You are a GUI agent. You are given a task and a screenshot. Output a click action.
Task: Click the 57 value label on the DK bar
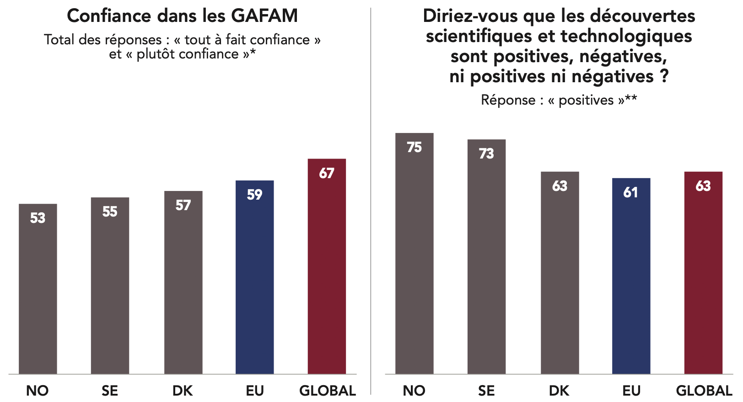(x=183, y=206)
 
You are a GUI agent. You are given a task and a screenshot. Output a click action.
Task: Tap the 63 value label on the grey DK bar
(x=560, y=186)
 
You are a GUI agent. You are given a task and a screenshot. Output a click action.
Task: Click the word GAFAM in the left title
(x=264, y=16)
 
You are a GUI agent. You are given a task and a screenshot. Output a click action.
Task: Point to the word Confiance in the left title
(x=109, y=16)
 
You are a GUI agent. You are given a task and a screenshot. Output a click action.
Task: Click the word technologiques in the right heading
(x=626, y=36)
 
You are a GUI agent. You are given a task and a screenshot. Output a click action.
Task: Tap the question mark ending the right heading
(x=664, y=76)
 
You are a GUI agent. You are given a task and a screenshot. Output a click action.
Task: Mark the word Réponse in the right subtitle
(x=508, y=100)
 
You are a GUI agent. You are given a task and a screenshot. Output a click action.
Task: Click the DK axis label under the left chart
(x=183, y=391)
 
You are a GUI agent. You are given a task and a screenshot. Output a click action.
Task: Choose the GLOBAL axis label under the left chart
(x=328, y=391)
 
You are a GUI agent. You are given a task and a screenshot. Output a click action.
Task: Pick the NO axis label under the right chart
(x=414, y=391)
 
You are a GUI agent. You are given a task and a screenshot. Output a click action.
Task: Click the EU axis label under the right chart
(x=631, y=391)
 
